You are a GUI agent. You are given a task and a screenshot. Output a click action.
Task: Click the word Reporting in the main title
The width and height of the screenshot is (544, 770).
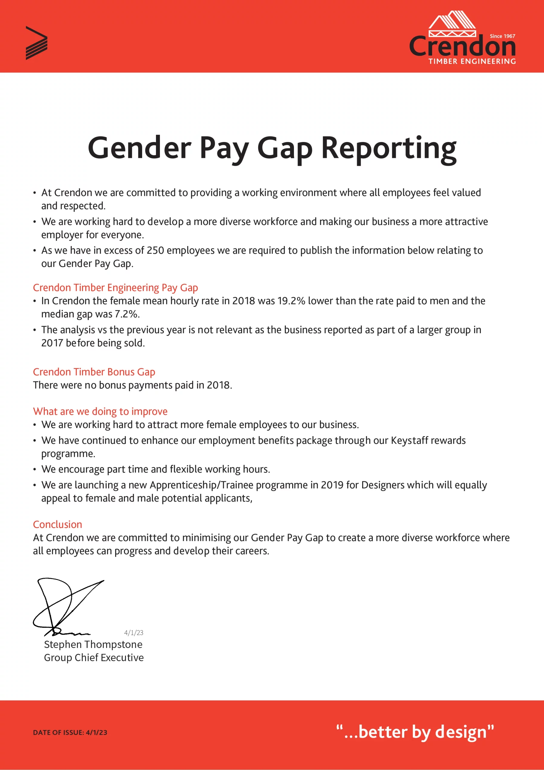click(x=389, y=148)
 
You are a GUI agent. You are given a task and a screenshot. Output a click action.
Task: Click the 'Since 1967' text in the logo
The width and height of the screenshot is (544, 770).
click(x=502, y=36)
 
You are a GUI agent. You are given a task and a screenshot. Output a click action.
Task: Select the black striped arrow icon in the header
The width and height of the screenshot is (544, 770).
click(x=36, y=43)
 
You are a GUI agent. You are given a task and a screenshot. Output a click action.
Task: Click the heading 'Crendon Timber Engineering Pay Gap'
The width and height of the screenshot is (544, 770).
click(x=115, y=288)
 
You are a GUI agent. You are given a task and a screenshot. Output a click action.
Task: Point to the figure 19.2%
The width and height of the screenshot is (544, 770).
click(x=291, y=301)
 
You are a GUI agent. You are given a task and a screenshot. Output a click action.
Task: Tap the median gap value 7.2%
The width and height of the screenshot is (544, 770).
click(x=127, y=314)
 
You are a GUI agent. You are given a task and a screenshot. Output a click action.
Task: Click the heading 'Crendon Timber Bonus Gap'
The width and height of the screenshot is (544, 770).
click(x=94, y=372)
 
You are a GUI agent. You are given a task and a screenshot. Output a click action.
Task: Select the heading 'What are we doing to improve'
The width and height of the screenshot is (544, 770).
click(x=100, y=411)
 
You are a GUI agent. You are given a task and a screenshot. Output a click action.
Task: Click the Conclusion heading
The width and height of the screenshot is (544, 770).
click(x=57, y=525)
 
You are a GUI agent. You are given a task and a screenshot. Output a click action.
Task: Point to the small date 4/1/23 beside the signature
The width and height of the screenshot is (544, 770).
click(x=134, y=633)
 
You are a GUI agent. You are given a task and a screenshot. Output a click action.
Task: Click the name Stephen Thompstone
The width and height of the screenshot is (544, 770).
click(x=93, y=645)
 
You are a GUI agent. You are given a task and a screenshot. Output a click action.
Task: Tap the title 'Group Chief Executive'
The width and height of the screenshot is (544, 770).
click(x=94, y=658)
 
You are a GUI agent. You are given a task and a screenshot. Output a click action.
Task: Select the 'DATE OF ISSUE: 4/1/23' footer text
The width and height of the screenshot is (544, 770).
click(x=70, y=732)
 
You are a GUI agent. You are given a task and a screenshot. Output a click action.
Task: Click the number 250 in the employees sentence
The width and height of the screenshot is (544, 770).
click(x=155, y=251)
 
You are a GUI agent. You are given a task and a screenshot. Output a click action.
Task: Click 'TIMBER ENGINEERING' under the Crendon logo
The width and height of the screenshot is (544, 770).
click(x=472, y=61)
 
